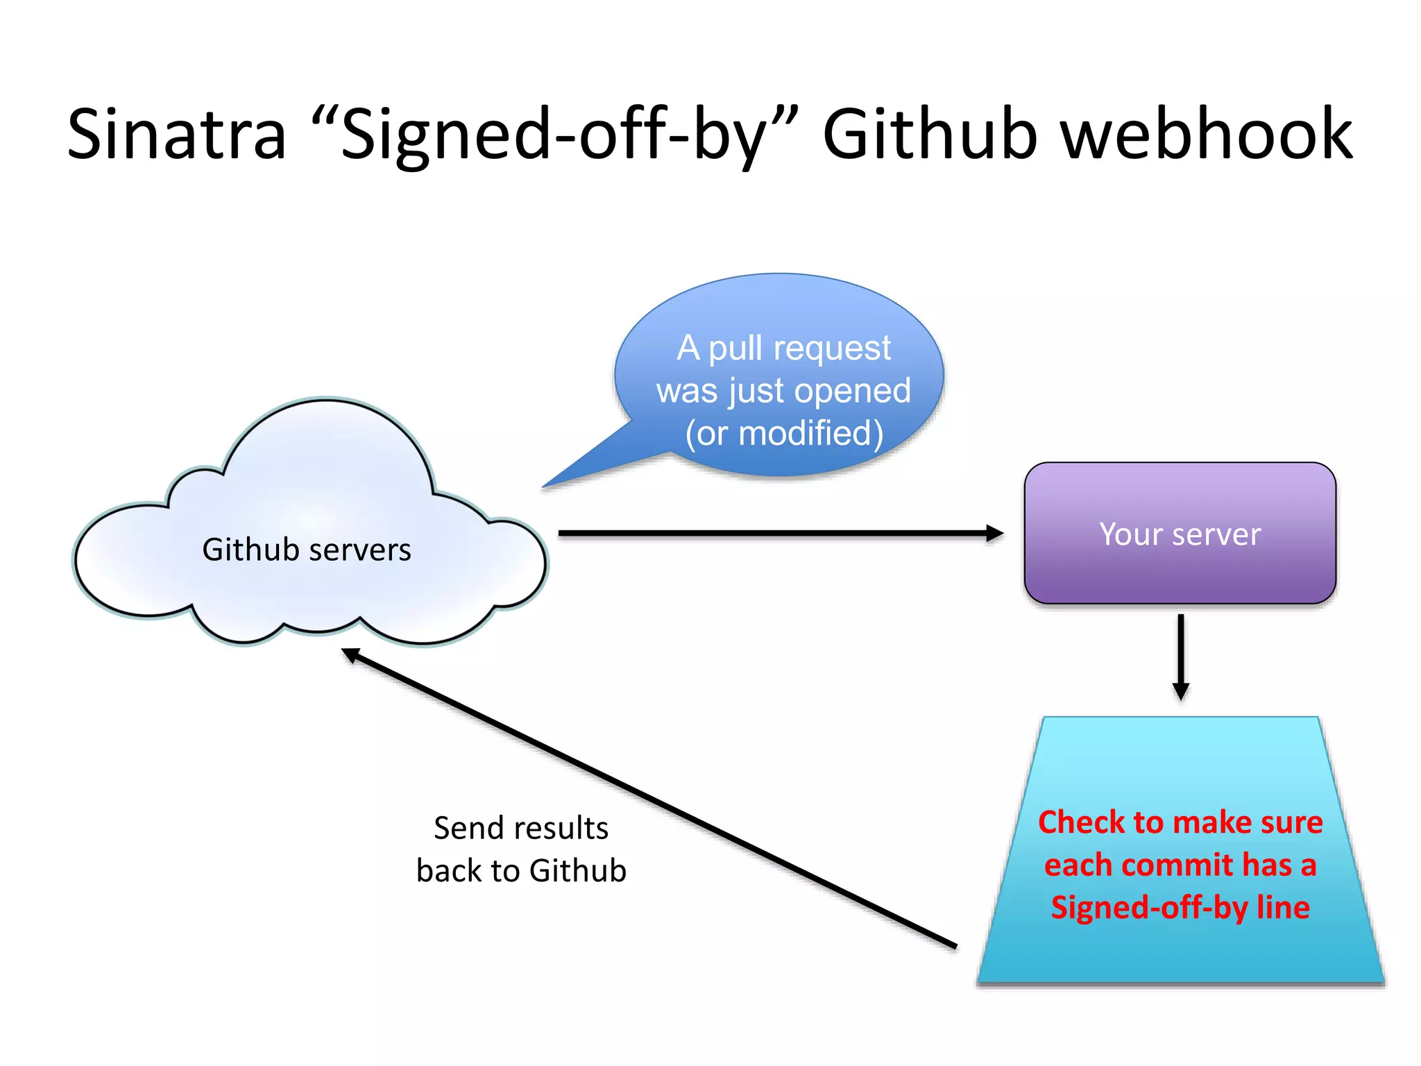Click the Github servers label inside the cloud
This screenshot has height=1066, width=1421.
(307, 550)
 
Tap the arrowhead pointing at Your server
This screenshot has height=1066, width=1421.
(995, 533)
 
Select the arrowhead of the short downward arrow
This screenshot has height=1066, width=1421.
(1180, 691)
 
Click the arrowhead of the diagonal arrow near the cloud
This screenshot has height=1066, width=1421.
(350, 654)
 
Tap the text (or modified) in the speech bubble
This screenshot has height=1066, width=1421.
(784, 434)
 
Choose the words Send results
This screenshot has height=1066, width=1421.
(521, 828)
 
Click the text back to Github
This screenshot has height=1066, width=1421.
(521, 871)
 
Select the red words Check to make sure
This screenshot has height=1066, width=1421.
(1180, 822)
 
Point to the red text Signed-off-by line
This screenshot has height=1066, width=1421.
(1180, 908)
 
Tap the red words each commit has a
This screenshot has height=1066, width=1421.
(1180, 865)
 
